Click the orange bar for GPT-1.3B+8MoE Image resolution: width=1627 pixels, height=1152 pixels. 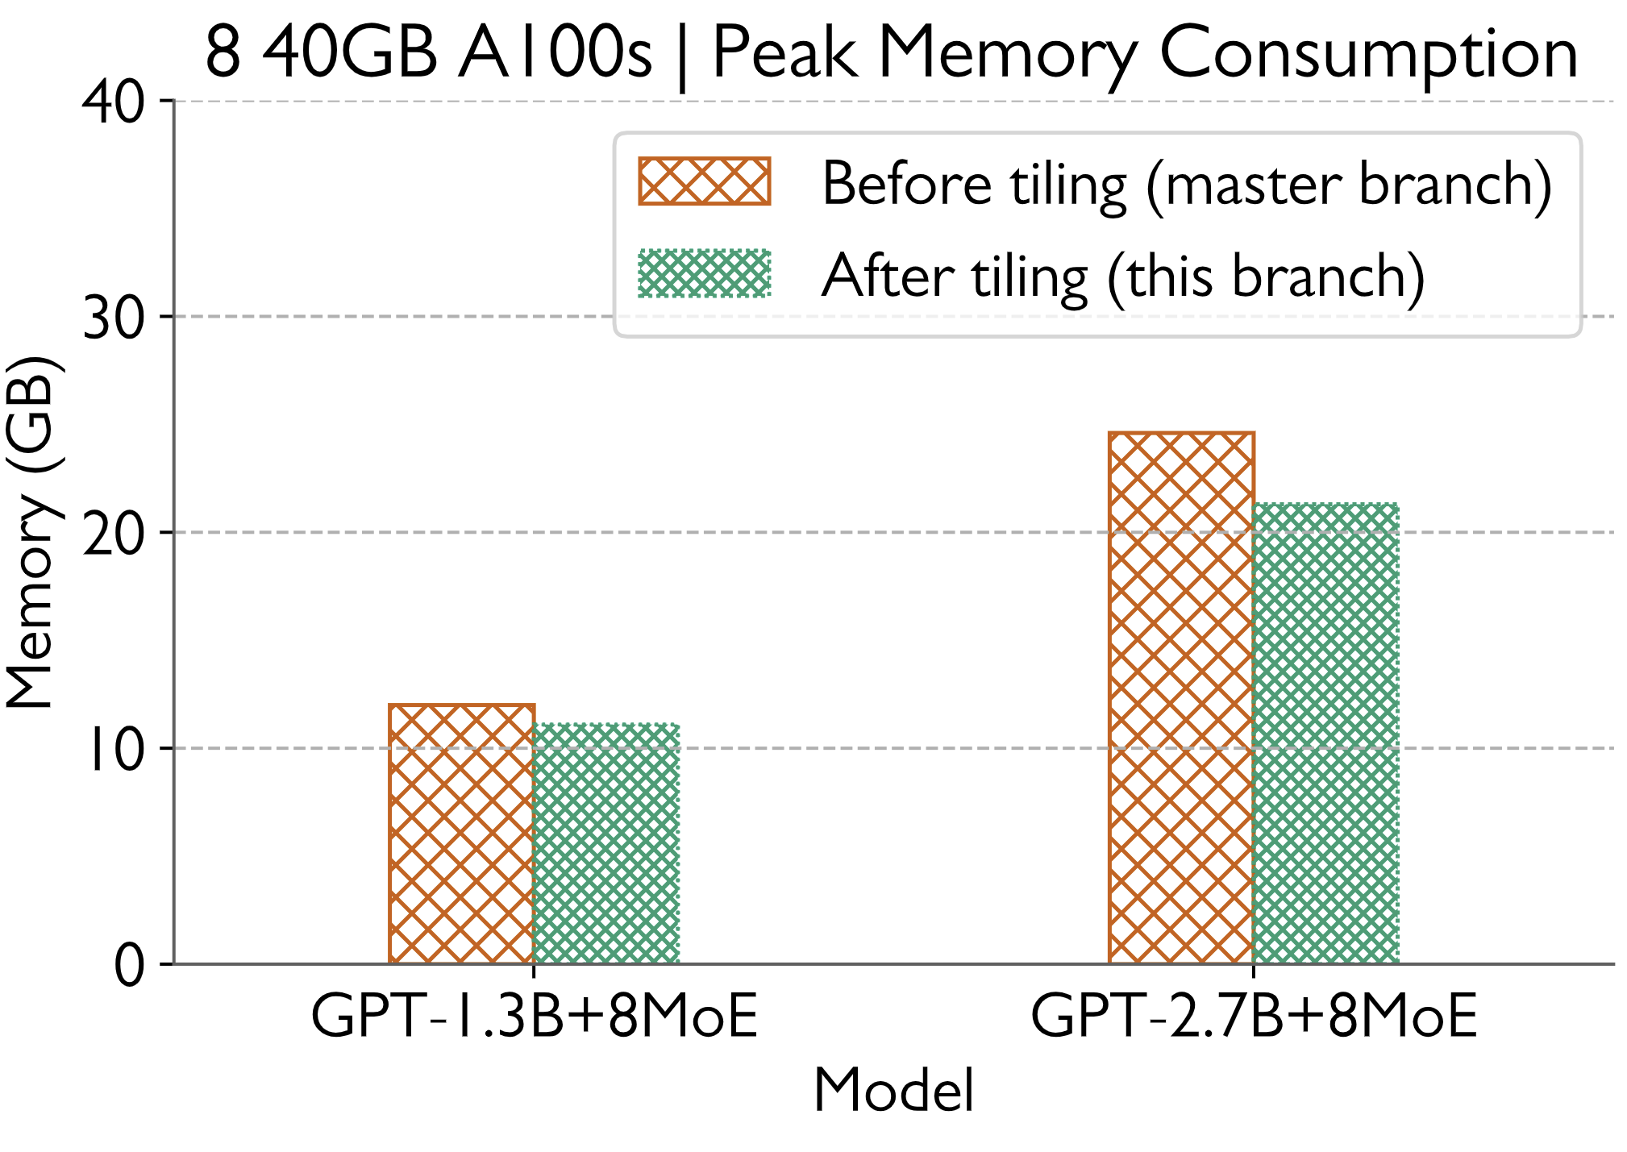(x=461, y=834)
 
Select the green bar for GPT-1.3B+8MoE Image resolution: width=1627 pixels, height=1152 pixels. (x=606, y=843)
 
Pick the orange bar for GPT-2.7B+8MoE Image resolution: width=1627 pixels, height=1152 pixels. (x=1181, y=698)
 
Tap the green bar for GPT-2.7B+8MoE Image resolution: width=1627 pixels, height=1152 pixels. (x=1326, y=734)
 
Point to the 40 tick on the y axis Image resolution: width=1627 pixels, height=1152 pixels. (x=113, y=102)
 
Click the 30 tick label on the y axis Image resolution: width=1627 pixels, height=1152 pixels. (x=113, y=317)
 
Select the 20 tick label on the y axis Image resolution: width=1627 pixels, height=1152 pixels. (x=113, y=533)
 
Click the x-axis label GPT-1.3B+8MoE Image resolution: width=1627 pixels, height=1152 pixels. (x=534, y=1017)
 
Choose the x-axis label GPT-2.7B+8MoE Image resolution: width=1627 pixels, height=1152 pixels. (x=1254, y=1017)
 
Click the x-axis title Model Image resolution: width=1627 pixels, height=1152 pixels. (x=893, y=1091)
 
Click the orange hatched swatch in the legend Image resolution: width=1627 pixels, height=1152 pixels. (x=704, y=181)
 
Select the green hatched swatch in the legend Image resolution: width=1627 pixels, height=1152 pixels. (x=704, y=274)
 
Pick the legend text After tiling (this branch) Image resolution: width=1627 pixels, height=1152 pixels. (x=1123, y=277)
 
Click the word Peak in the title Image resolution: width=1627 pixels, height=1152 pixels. (x=783, y=55)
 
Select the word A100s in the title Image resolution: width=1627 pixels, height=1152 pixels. (x=555, y=55)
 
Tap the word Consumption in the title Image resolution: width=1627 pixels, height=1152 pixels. (x=1368, y=55)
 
